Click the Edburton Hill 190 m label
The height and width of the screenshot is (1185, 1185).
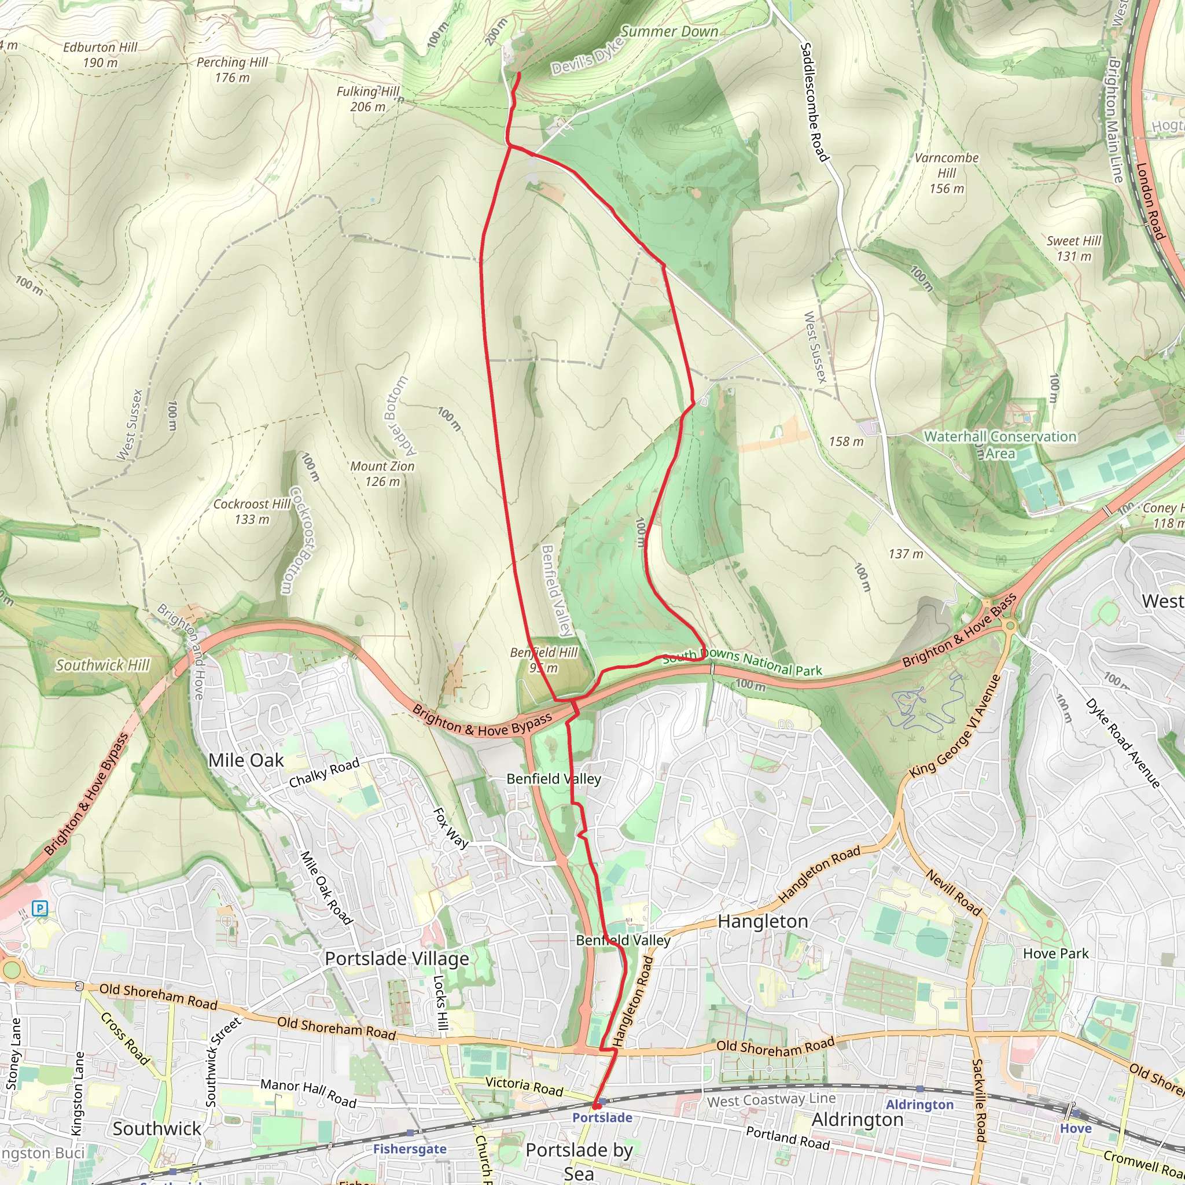[100, 54]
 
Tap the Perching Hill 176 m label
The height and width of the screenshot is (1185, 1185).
[232, 69]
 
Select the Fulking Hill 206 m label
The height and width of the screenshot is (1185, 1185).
[367, 99]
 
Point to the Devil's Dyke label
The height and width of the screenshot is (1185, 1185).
[586, 57]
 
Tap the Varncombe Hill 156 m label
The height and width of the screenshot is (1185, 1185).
[947, 173]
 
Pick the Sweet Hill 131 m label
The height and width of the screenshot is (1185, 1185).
[1073, 248]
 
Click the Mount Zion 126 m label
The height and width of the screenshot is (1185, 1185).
[382, 473]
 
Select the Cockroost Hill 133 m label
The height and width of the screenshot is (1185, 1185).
[252, 511]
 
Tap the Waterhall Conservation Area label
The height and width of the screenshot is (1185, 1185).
[1000, 445]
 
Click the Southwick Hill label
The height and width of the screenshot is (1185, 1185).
[102, 665]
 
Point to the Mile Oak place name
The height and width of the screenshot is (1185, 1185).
[245, 760]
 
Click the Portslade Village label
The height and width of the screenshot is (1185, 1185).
[396, 958]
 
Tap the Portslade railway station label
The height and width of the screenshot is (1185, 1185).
[602, 1117]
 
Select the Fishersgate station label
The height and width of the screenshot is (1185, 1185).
[410, 1149]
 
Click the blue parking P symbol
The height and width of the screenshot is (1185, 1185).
[41, 908]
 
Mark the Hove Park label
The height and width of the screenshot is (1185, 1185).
[1055, 953]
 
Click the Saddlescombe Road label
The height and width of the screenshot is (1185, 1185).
[815, 102]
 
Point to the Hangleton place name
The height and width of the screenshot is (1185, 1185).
[763, 921]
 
